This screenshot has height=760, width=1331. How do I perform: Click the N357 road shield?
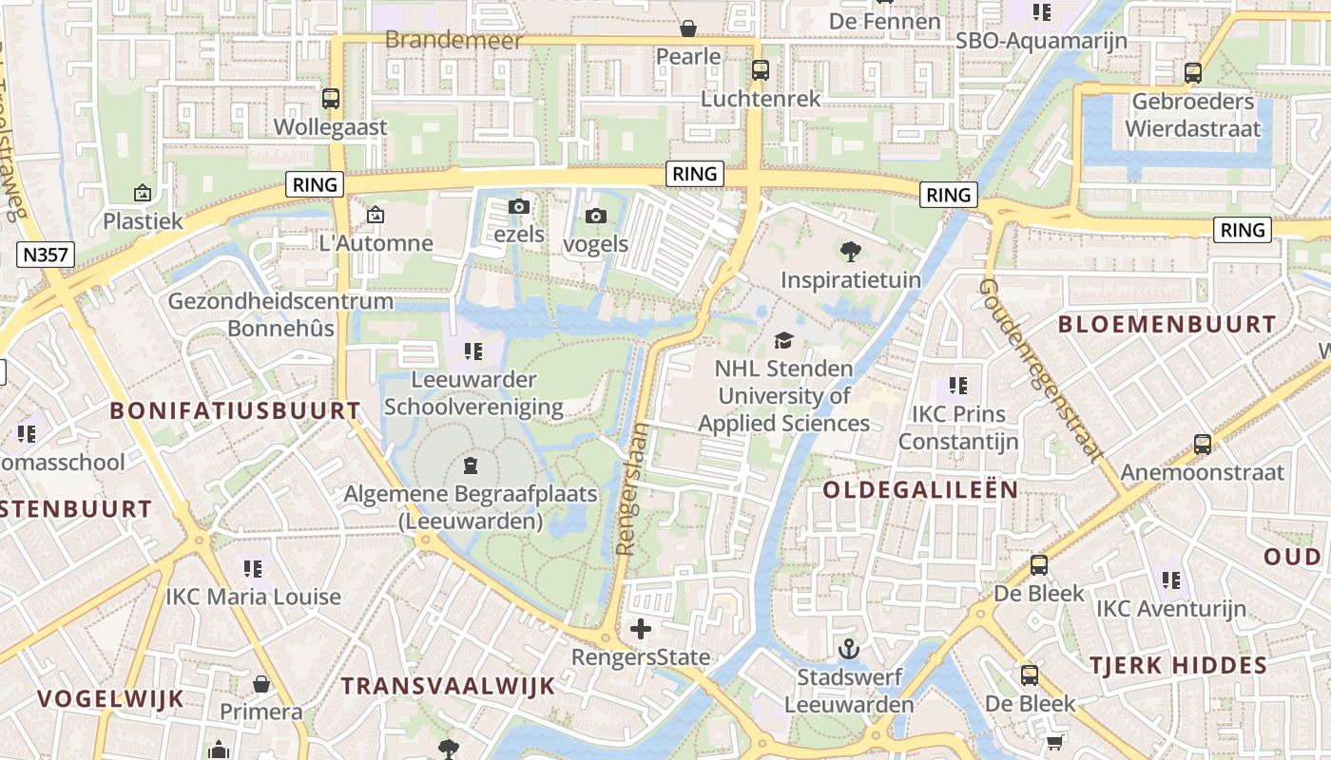(x=46, y=254)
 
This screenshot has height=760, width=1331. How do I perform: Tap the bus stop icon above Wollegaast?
(x=331, y=98)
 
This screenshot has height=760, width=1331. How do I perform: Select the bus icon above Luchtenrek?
(x=760, y=69)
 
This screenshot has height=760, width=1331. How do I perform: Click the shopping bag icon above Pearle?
(x=688, y=28)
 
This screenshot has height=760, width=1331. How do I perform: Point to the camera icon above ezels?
(x=518, y=206)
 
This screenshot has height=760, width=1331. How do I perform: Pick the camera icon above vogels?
(x=596, y=216)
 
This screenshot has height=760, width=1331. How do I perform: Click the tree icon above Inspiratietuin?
(x=851, y=251)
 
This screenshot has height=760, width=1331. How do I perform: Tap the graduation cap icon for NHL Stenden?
(x=783, y=340)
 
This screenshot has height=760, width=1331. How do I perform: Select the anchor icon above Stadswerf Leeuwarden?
(x=848, y=649)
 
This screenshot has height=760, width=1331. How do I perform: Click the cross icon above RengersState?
(x=641, y=628)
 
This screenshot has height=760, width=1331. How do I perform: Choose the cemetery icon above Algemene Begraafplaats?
(x=470, y=465)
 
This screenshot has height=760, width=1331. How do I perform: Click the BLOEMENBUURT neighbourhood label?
(x=1167, y=324)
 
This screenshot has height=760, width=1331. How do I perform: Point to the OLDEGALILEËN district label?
(x=920, y=490)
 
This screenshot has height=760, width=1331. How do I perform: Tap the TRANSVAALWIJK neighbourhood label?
(x=448, y=686)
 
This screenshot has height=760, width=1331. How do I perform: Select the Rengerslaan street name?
(x=633, y=488)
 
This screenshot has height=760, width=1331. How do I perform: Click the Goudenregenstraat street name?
(x=1041, y=370)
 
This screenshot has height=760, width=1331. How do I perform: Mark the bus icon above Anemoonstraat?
(x=1203, y=444)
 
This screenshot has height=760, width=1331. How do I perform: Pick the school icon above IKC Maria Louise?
(x=253, y=568)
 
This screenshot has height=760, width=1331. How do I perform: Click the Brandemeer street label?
(x=454, y=40)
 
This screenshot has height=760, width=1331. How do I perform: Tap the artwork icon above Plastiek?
(x=143, y=193)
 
